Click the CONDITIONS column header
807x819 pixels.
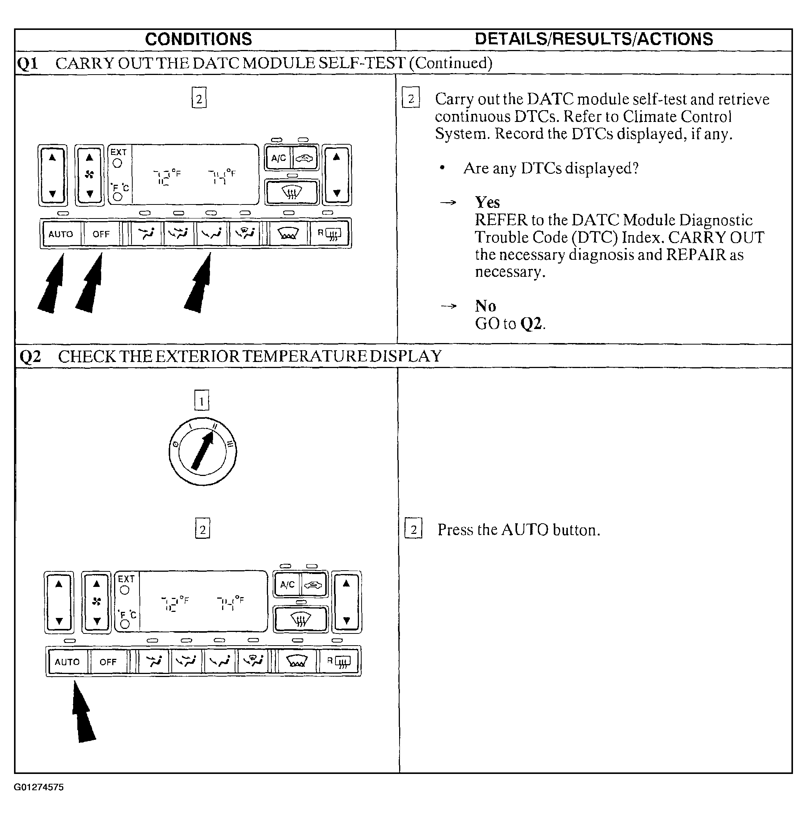(198, 39)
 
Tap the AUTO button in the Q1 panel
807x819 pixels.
(61, 234)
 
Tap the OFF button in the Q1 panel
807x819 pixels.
(101, 234)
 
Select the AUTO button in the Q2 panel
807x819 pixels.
(67, 662)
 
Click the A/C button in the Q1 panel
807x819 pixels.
(279, 158)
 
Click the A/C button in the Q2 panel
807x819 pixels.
(287, 585)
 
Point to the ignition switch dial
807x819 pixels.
(202, 451)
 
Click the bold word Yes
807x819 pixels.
(487, 203)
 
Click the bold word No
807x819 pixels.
(485, 306)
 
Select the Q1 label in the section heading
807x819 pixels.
(28, 64)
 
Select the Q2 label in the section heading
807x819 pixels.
(30, 357)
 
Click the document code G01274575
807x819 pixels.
(39, 787)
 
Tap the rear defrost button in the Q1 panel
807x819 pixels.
(330, 234)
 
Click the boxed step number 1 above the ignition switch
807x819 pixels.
(202, 400)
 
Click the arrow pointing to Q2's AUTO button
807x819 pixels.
(83, 711)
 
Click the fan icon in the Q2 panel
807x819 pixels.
(97, 602)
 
